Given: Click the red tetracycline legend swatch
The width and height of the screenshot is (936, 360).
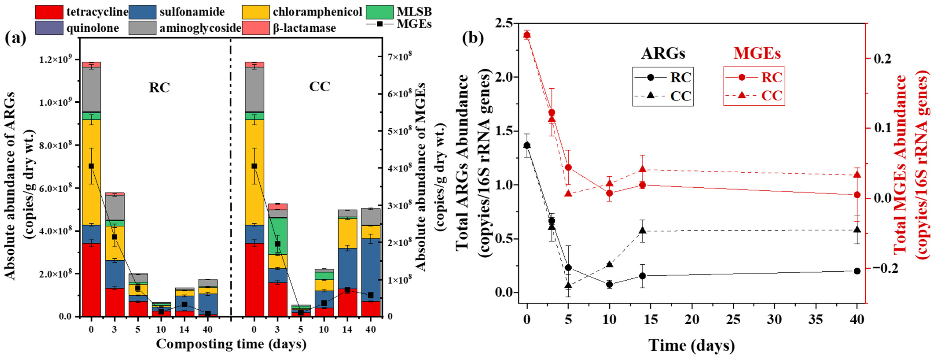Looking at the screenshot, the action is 49,12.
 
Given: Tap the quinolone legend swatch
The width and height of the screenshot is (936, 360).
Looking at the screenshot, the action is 49,28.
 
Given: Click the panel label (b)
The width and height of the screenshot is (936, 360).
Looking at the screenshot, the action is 473,38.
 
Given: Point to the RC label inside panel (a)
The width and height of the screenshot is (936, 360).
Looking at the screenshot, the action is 159,88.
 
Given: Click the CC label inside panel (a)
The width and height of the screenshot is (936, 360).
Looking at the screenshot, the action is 320,86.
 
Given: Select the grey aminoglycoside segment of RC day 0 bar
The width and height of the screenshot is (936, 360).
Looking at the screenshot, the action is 91,89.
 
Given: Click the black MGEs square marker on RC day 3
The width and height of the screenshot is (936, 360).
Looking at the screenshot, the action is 114,237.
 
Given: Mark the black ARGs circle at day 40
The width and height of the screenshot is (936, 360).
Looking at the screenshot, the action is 857,271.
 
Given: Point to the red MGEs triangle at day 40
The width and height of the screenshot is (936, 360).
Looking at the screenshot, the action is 857,175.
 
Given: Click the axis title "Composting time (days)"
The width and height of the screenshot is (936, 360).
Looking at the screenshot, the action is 231,344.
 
